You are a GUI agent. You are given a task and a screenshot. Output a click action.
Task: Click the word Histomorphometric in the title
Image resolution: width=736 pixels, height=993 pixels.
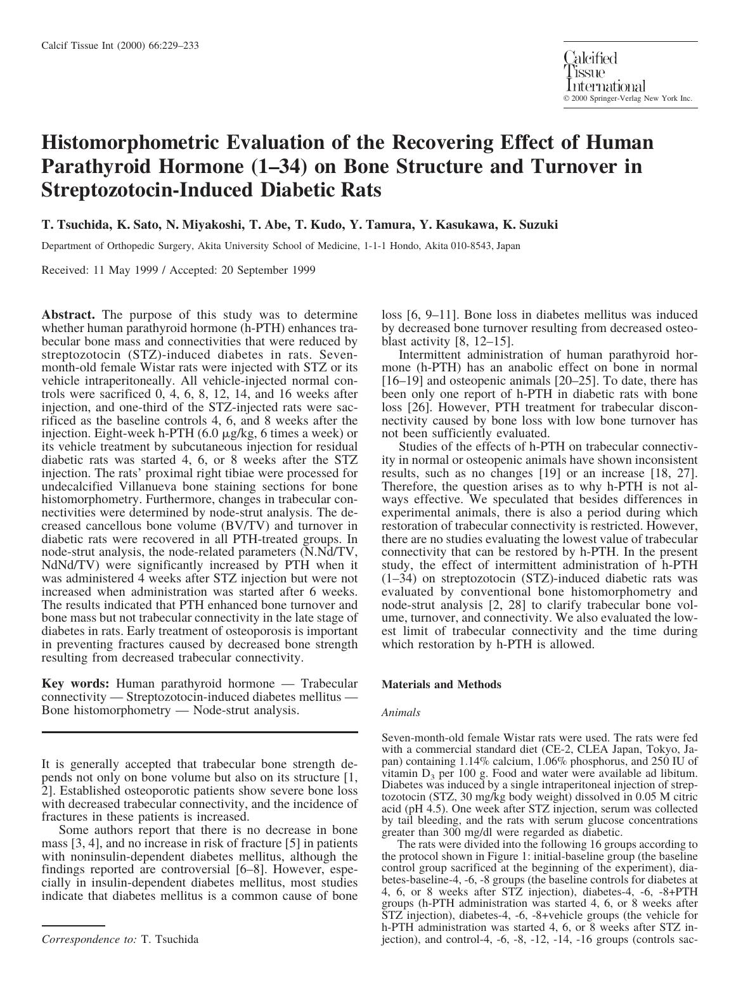tap(132, 142)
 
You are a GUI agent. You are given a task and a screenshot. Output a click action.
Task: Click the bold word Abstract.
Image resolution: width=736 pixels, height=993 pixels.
tap(68, 315)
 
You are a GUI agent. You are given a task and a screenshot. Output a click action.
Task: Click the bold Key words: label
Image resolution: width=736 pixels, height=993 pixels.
tap(75, 684)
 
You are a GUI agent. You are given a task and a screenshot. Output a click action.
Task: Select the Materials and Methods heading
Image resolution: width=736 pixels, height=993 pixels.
tap(441, 684)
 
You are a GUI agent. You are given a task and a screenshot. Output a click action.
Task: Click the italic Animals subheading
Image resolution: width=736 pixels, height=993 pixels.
tap(401, 712)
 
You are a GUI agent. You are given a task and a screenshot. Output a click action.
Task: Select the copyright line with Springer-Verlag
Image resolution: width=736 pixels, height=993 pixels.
tap(628, 99)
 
